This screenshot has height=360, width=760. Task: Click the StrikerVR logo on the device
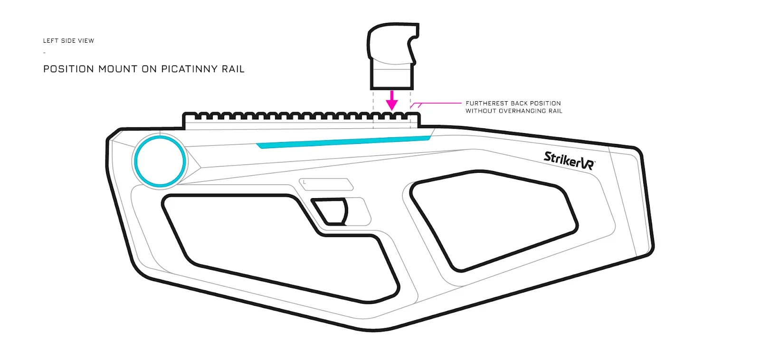(570, 161)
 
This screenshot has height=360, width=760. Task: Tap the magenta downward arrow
(392, 100)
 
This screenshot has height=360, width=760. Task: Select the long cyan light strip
(343, 142)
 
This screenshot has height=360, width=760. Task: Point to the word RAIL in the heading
(233, 69)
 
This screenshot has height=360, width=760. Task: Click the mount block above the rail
(393, 56)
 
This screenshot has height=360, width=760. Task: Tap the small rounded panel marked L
(326, 184)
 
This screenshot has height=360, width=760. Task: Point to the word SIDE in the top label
(68, 41)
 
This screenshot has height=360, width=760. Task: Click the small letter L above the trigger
(304, 182)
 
